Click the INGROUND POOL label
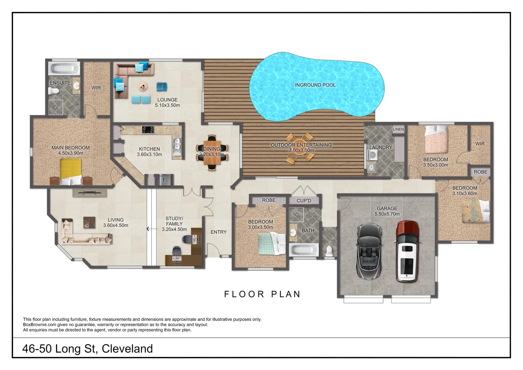click(315, 85)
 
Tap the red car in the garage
click(407, 251)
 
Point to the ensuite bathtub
click(65, 68)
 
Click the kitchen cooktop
click(148, 130)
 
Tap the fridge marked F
click(164, 180)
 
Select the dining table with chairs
click(212, 152)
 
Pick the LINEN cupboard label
click(398, 129)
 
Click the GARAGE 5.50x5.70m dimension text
click(387, 214)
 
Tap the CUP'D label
click(304, 200)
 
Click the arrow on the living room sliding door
click(148, 229)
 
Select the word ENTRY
click(218, 232)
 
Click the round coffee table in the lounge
click(143, 86)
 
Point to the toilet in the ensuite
click(53, 91)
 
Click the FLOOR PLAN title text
click(262, 294)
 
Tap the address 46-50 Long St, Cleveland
click(87, 348)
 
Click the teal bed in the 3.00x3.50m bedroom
click(271, 244)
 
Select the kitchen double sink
click(177, 144)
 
